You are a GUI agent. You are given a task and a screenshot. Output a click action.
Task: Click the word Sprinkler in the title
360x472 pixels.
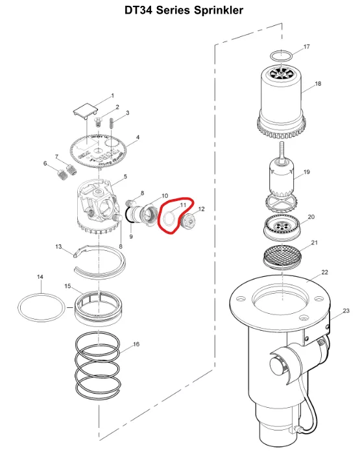[x=218, y=10]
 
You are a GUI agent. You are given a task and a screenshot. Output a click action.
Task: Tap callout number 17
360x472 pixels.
[x=306, y=47]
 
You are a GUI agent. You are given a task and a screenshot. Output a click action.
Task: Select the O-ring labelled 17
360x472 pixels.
[x=281, y=56]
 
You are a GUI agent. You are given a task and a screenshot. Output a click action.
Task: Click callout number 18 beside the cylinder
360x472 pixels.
[x=318, y=84]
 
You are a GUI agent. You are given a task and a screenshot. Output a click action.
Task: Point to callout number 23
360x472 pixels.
[x=346, y=311]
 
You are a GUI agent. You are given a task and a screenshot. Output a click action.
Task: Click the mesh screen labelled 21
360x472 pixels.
[x=282, y=256]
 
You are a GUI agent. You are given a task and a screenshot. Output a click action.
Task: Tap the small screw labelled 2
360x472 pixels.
[x=98, y=122]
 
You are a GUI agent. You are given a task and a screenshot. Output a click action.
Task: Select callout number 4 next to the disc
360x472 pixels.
[x=138, y=137]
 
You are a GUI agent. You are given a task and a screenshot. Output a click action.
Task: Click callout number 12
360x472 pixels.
[x=201, y=209]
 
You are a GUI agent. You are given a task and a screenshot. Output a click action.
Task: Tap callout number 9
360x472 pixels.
[x=131, y=237]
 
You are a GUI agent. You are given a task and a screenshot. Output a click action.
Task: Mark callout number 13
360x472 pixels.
[x=58, y=247]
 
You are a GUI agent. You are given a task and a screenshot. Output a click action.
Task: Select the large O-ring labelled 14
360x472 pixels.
[x=42, y=307]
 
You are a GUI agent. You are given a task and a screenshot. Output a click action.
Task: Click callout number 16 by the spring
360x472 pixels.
[x=136, y=344]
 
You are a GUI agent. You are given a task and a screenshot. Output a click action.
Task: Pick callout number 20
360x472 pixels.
[x=311, y=217]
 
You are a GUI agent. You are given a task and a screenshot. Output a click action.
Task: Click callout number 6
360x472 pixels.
[x=45, y=163]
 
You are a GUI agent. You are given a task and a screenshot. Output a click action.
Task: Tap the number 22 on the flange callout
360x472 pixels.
[x=324, y=272]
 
